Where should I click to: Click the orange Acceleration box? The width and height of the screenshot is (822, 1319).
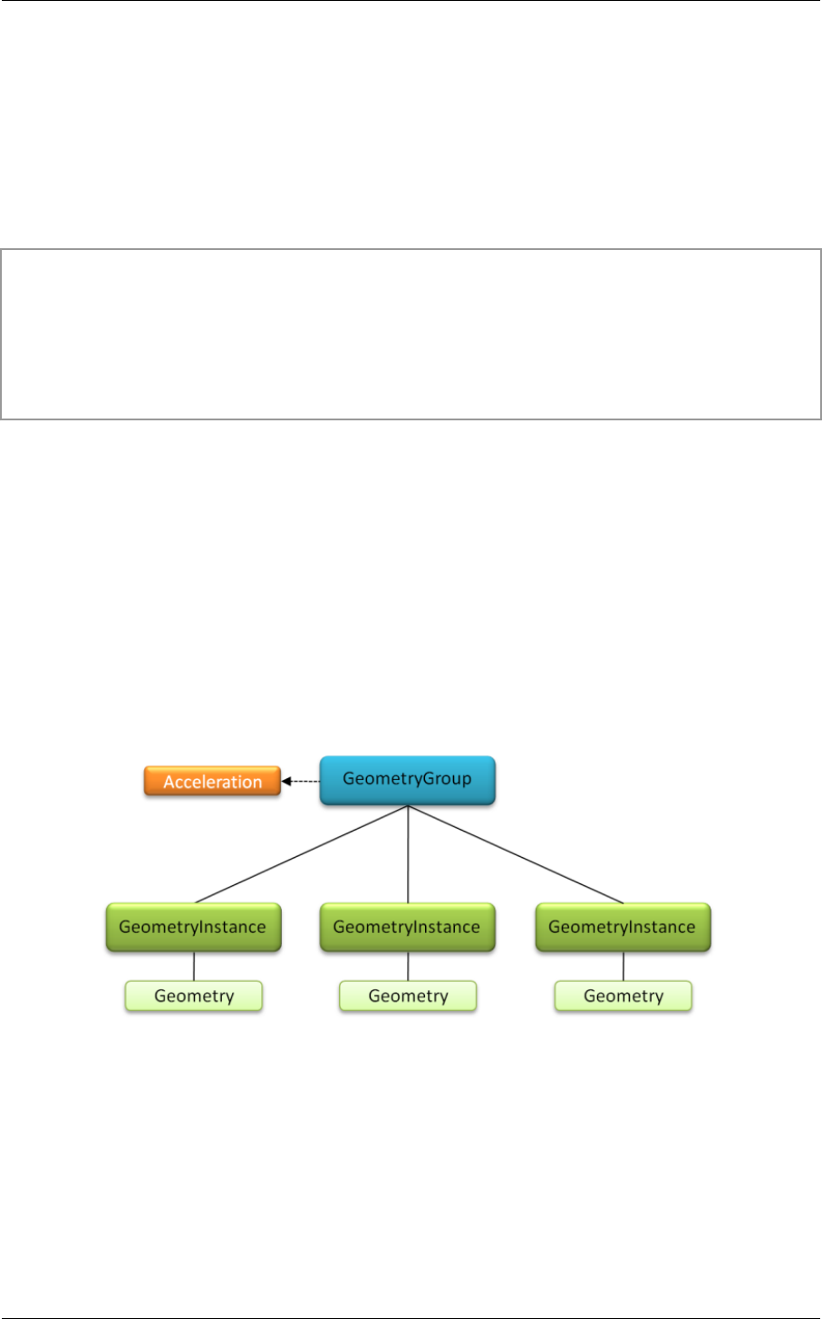tap(212, 782)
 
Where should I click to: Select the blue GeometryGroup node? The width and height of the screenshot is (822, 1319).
tap(407, 779)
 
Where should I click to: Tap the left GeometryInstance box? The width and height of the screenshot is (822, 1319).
tap(193, 927)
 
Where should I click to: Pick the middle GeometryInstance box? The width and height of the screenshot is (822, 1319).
tap(407, 927)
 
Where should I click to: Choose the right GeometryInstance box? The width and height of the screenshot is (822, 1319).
tap(623, 927)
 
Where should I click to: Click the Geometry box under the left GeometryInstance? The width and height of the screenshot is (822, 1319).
tap(193, 996)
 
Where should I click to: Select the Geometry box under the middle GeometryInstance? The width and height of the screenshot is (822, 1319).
tap(407, 996)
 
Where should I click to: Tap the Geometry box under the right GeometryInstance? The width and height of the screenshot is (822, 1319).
tap(623, 996)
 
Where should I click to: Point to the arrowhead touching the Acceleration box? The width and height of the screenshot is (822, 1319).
tap(286, 780)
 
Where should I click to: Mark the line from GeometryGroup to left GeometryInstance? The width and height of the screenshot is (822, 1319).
tap(301, 854)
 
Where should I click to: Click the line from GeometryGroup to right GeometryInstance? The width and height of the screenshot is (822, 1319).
tap(516, 854)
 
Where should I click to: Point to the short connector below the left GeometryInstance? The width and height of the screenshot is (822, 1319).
tap(194, 966)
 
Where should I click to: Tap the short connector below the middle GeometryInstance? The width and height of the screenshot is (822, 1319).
tap(408, 966)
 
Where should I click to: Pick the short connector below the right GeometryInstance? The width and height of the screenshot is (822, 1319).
tap(624, 966)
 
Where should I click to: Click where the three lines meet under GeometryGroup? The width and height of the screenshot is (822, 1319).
tap(408, 807)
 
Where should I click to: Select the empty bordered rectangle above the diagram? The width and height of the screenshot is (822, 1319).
tap(411, 333)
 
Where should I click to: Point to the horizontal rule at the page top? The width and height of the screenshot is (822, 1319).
tap(411, 1)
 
